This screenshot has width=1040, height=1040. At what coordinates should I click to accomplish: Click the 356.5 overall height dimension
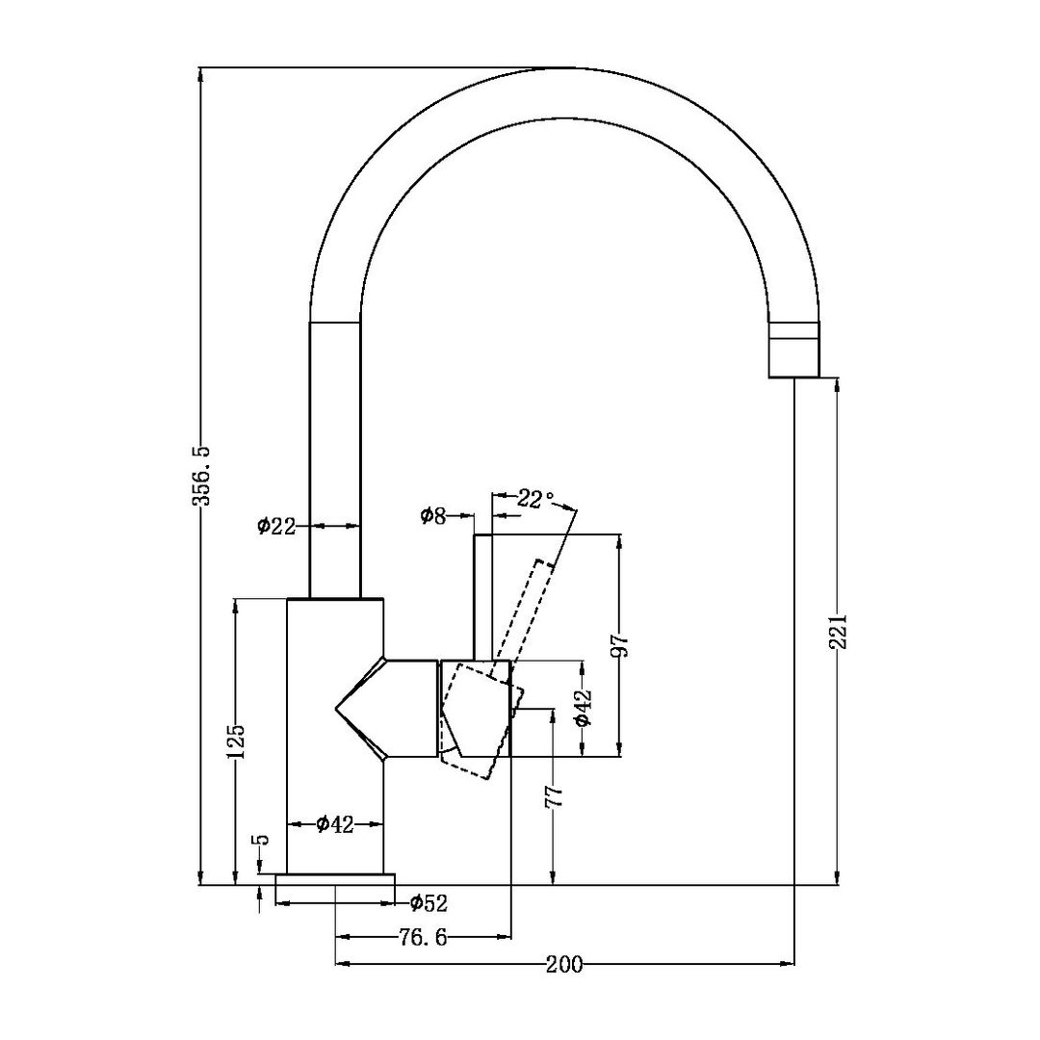click(x=202, y=476)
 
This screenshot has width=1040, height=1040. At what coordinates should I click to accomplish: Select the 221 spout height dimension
click(x=837, y=631)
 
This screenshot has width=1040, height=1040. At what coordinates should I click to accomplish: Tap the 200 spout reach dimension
click(x=563, y=964)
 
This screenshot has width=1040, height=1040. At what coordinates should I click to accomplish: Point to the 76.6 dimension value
click(x=424, y=937)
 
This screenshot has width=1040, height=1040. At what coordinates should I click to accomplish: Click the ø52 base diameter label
click(x=428, y=903)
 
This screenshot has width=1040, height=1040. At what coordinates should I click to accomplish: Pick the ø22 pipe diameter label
click(x=275, y=526)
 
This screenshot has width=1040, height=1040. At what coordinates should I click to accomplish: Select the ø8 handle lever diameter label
click(x=433, y=516)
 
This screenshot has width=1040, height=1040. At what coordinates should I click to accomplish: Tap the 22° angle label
click(x=535, y=499)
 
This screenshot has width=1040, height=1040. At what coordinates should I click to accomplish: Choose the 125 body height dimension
click(x=237, y=741)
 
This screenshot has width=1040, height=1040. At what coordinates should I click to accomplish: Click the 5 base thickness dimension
click(x=261, y=841)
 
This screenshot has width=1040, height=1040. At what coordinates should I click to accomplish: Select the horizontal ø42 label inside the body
click(x=335, y=823)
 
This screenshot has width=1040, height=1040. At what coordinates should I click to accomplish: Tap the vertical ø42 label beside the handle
click(x=582, y=708)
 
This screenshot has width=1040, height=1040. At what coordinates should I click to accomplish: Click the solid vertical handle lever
click(x=482, y=597)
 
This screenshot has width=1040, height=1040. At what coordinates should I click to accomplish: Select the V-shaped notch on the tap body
click(x=361, y=710)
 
